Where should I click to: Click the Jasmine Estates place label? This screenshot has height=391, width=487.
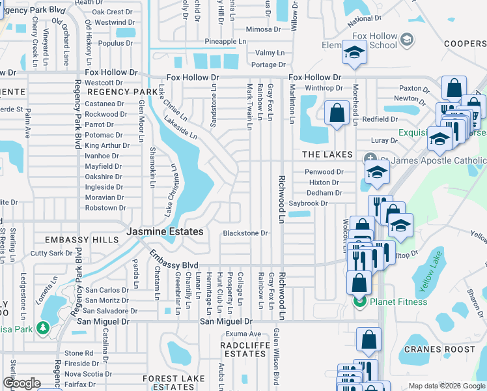[x=165, y=231]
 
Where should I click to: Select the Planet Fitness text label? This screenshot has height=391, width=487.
[x=398, y=302]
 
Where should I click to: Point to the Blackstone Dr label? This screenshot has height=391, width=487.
[x=245, y=233]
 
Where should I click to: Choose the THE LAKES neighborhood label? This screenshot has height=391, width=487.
[x=327, y=154]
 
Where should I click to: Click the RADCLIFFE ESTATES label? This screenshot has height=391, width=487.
[x=243, y=349]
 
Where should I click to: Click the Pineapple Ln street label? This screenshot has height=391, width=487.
[x=225, y=42]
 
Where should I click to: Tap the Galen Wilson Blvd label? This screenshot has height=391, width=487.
[x=276, y=365]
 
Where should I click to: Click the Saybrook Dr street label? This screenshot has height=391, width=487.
[x=326, y=203]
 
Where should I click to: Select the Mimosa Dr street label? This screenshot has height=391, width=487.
[x=263, y=30]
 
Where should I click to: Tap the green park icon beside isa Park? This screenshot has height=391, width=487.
[x=44, y=327]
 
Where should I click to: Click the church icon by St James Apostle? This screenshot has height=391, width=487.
[x=370, y=158]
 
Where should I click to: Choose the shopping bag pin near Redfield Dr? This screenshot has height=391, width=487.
[x=337, y=112]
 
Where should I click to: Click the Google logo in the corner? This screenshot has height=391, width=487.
[x=21, y=383]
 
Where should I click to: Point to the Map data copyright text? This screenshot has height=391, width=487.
[x=446, y=386]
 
